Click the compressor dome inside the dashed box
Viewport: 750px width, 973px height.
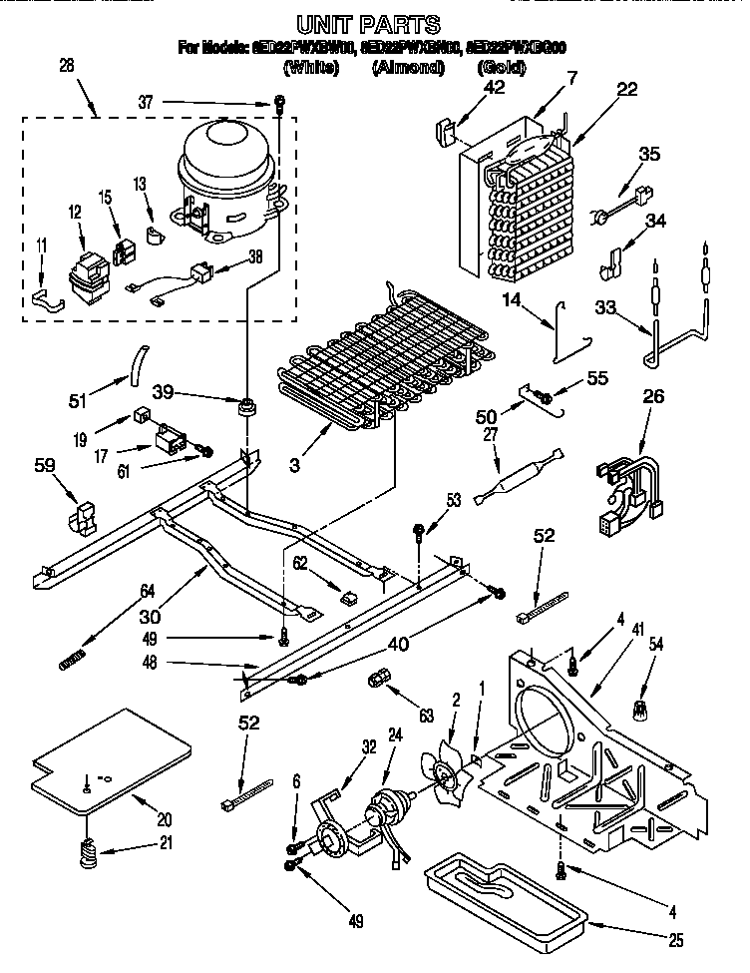[x=227, y=160]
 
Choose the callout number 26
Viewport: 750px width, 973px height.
[x=654, y=396]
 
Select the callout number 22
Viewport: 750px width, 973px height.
[x=625, y=89]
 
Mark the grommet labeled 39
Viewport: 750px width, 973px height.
[x=245, y=407]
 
